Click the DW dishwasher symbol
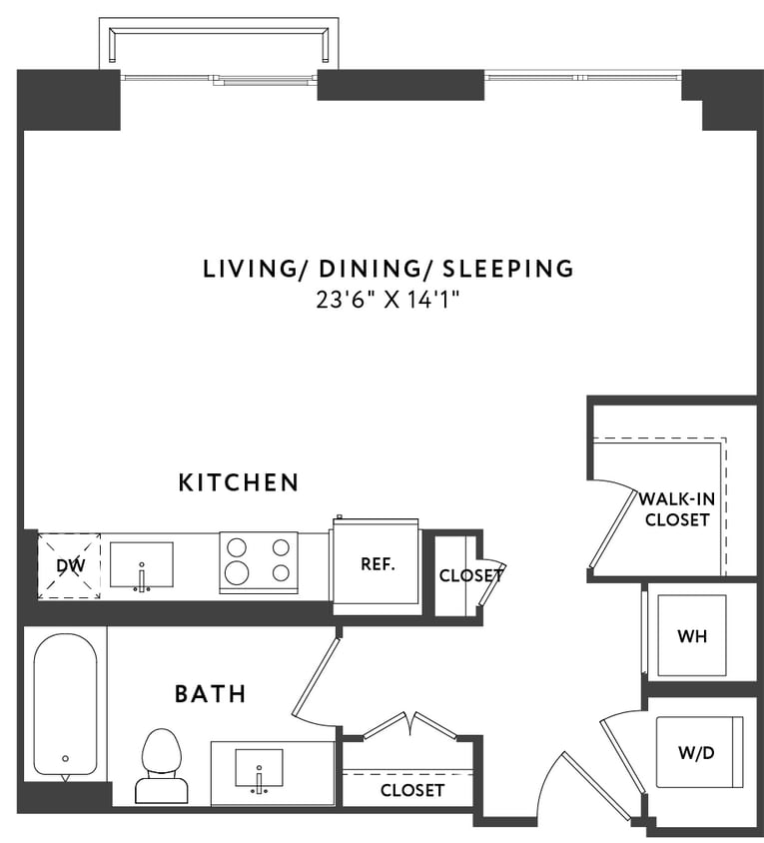(x=69, y=566)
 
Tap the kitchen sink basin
(x=141, y=565)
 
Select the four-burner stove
(x=259, y=561)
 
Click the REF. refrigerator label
(x=378, y=563)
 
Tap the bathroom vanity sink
(x=259, y=770)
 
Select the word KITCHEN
(x=239, y=482)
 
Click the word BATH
(x=211, y=693)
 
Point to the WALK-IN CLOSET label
(x=676, y=508)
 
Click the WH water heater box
(x=691, y=635)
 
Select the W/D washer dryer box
(x=698, y=752)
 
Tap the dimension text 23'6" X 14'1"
(x=388, y=298)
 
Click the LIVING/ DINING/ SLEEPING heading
(x=388, y=268)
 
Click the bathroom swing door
(x=317, y=679)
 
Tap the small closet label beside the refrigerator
(x=469, y=575)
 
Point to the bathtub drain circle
(x=66, y=758)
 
